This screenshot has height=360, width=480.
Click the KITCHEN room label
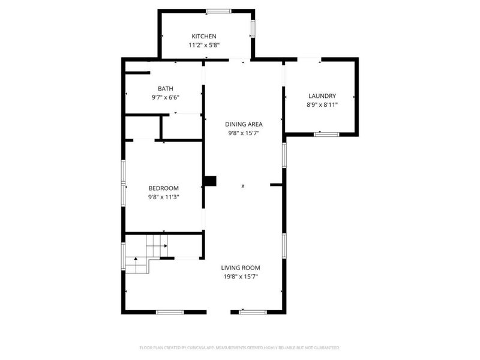pos(204,37)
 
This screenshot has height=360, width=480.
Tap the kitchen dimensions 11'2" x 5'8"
pos(204,45)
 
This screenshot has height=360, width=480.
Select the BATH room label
pos(166,89)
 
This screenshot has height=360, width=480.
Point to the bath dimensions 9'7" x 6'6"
pos(166,97)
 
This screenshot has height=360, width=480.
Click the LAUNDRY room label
pos(322,96)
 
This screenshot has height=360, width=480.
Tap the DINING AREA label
pos(244,124)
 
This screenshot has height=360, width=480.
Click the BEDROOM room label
pos(164,188)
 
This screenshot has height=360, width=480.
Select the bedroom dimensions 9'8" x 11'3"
pos(164,196)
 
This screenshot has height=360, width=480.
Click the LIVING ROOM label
pos(241,268)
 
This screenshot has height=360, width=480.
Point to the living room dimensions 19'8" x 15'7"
pos(241,277)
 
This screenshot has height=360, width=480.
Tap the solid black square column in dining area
pos(210,181)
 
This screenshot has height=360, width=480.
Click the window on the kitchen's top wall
pos(218,11)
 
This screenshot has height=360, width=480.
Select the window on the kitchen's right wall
pos(253,28)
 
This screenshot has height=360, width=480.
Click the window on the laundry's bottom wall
pos(323,134)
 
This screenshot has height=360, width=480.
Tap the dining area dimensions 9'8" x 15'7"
pos(244,133)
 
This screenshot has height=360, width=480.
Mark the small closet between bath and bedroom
pos(143,127)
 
